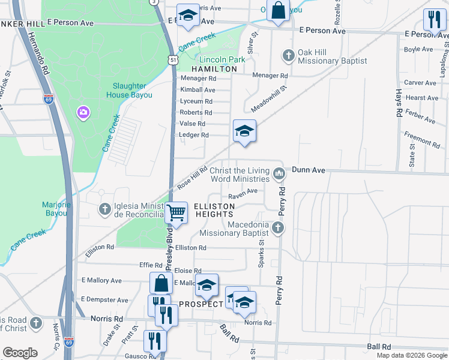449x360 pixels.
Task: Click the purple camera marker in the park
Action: coord(83,112)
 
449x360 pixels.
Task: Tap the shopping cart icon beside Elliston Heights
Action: coord(176,212)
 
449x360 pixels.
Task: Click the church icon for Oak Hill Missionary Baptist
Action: coord(289,56)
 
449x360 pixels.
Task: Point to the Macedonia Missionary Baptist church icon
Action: coord(277,227)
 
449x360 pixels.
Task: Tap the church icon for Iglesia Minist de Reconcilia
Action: coord(105,209)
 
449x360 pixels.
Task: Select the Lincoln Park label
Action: coord(222,59)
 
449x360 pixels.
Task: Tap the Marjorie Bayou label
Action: coord(57,209)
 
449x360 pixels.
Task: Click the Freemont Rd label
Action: coord(422,139)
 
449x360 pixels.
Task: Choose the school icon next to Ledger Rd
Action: coord(244,131)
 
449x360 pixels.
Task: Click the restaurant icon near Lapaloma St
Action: coord(434,20)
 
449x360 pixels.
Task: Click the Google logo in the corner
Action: coord(20,353)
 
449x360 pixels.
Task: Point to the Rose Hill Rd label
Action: coord(192,178)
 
